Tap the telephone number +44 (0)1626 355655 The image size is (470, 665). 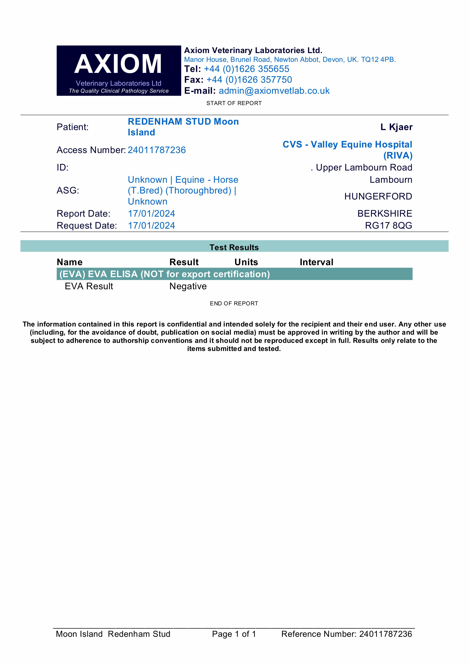pos(247,69)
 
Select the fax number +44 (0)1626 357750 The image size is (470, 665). pos(249,80)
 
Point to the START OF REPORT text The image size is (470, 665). pos(234,103)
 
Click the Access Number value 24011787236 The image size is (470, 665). pos(157,150)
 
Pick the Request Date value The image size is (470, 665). pos(151,226)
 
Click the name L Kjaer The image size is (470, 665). pos(396,127)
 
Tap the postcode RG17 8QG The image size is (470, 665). pos(388,226)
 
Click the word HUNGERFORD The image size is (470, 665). pos(378,196)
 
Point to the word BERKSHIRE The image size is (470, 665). pos(385,213)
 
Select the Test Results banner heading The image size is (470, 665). pos(234,247)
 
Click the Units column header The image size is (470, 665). pos(246,262)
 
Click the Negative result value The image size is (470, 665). pos(188,286)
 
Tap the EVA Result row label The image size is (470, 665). pos(89,286)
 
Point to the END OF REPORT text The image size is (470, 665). pos(234,304)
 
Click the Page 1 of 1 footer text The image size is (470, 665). pos(234,634)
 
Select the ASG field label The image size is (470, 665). pos(68,191)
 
